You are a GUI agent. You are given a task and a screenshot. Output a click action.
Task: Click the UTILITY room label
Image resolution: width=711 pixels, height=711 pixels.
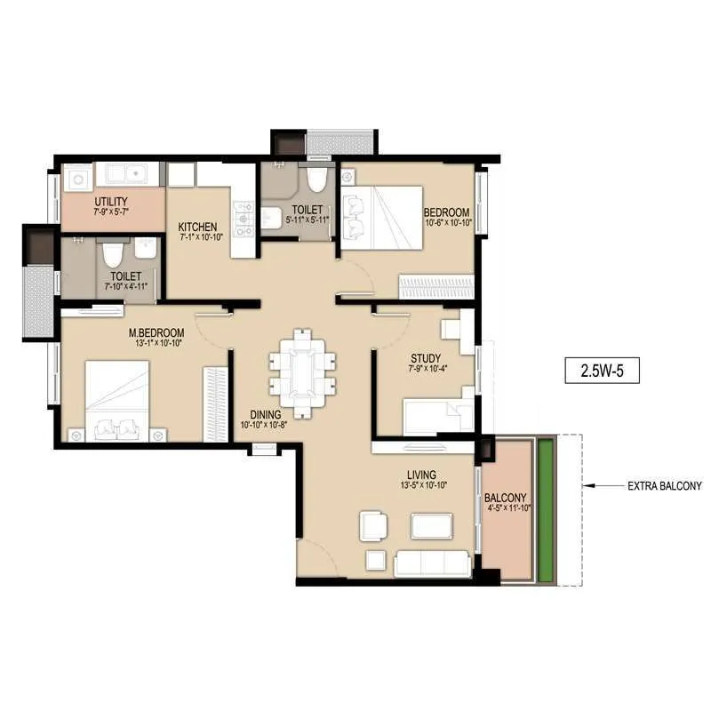pyautogui.click(x=110, y=201)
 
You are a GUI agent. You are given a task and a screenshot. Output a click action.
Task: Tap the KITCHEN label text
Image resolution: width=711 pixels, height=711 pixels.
pyautogui.click(x=197, y=226)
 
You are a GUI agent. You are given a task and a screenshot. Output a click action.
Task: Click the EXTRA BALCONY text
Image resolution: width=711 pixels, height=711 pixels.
pyautogui.click(x=665, y=486)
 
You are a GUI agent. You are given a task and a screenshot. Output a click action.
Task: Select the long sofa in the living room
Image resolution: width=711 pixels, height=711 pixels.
pyautogui.click(x=432, y=563)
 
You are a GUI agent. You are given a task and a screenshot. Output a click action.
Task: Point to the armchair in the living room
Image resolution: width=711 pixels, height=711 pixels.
pyautogui.click(x=373, y=526)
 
